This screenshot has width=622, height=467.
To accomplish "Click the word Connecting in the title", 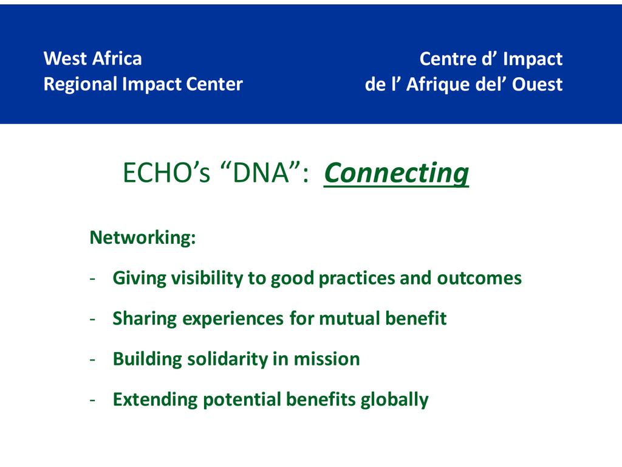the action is click(x=396, y=173).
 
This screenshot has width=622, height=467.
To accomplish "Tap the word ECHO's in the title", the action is click(x=166, y=173).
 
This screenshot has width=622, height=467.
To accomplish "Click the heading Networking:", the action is click(x=143, y=238).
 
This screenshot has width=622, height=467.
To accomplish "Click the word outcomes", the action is click(x=479, y=278).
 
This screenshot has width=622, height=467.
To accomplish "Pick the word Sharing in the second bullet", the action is click(x=145, y=319).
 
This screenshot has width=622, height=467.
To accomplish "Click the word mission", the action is click(x=326, y=359).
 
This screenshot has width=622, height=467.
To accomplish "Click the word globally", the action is click(x=394, y=400).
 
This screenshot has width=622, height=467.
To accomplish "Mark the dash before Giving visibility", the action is click(x=92, y=278).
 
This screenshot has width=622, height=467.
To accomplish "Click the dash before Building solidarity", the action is click(x=92, y=360).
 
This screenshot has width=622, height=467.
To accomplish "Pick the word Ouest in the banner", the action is click(x=537, y=84).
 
